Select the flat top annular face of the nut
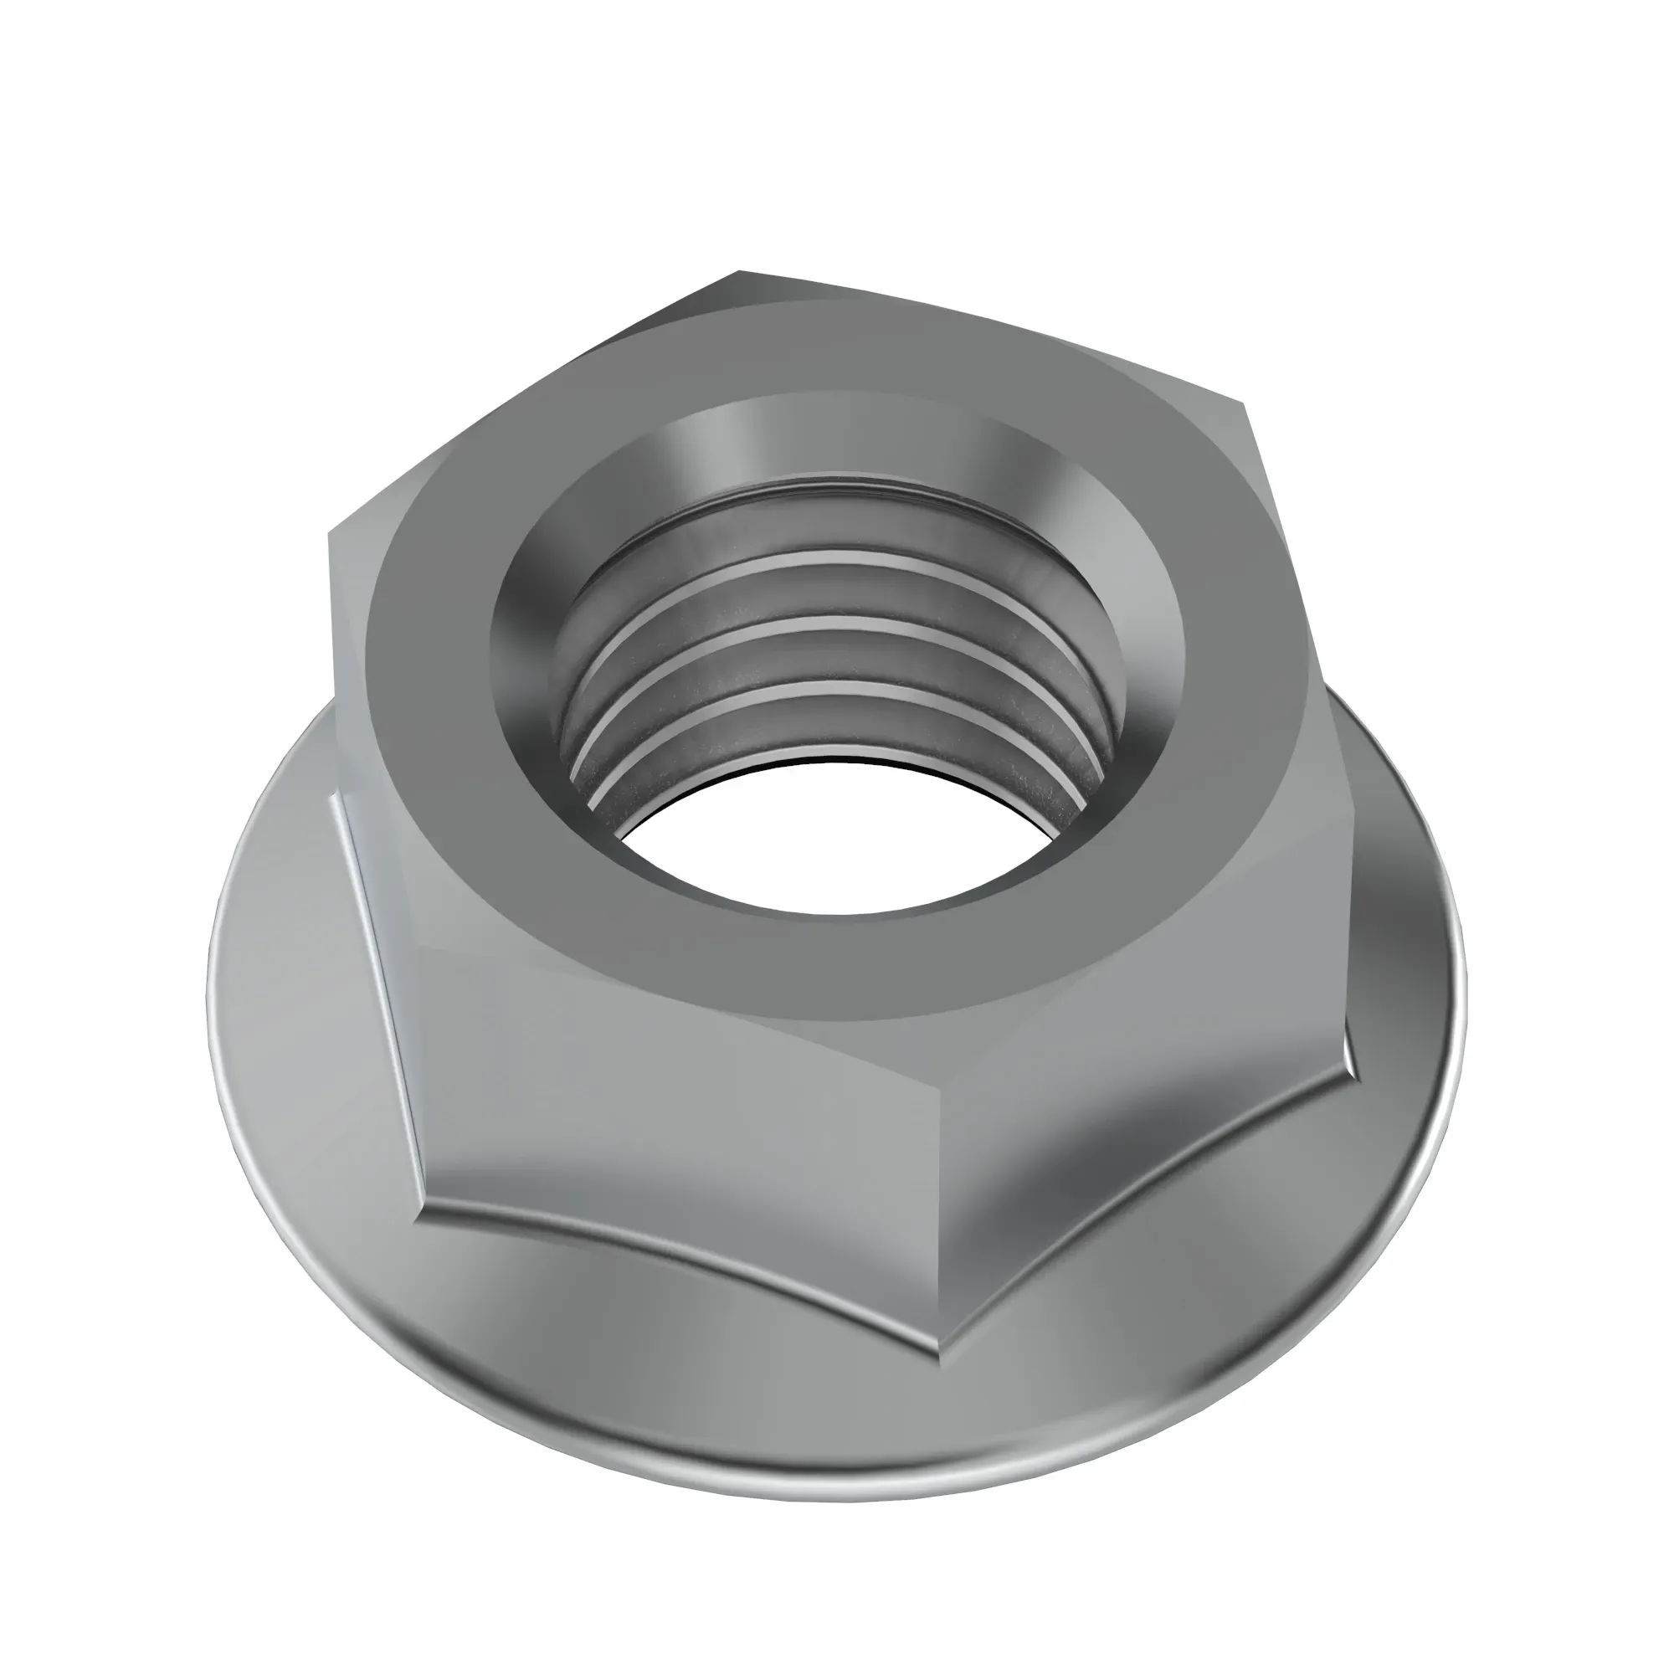click(x=866, y=970)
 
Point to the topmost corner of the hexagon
click(x=737, y=272)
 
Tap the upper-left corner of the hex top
click(x=329, y=537)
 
